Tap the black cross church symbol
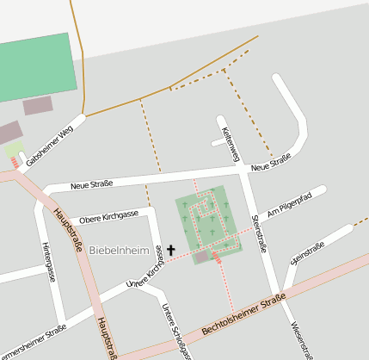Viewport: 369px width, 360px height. tap(170, 251)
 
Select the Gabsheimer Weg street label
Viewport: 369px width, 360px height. tap(49, 145)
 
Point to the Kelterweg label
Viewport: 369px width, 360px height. tap(229, 144)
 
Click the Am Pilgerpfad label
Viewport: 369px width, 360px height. tap(289, 204)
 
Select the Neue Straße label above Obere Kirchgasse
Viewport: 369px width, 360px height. tap(92, 185)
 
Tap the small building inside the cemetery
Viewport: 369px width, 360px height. tap(202, 256)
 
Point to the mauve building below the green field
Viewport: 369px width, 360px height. tap(38, 106)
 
